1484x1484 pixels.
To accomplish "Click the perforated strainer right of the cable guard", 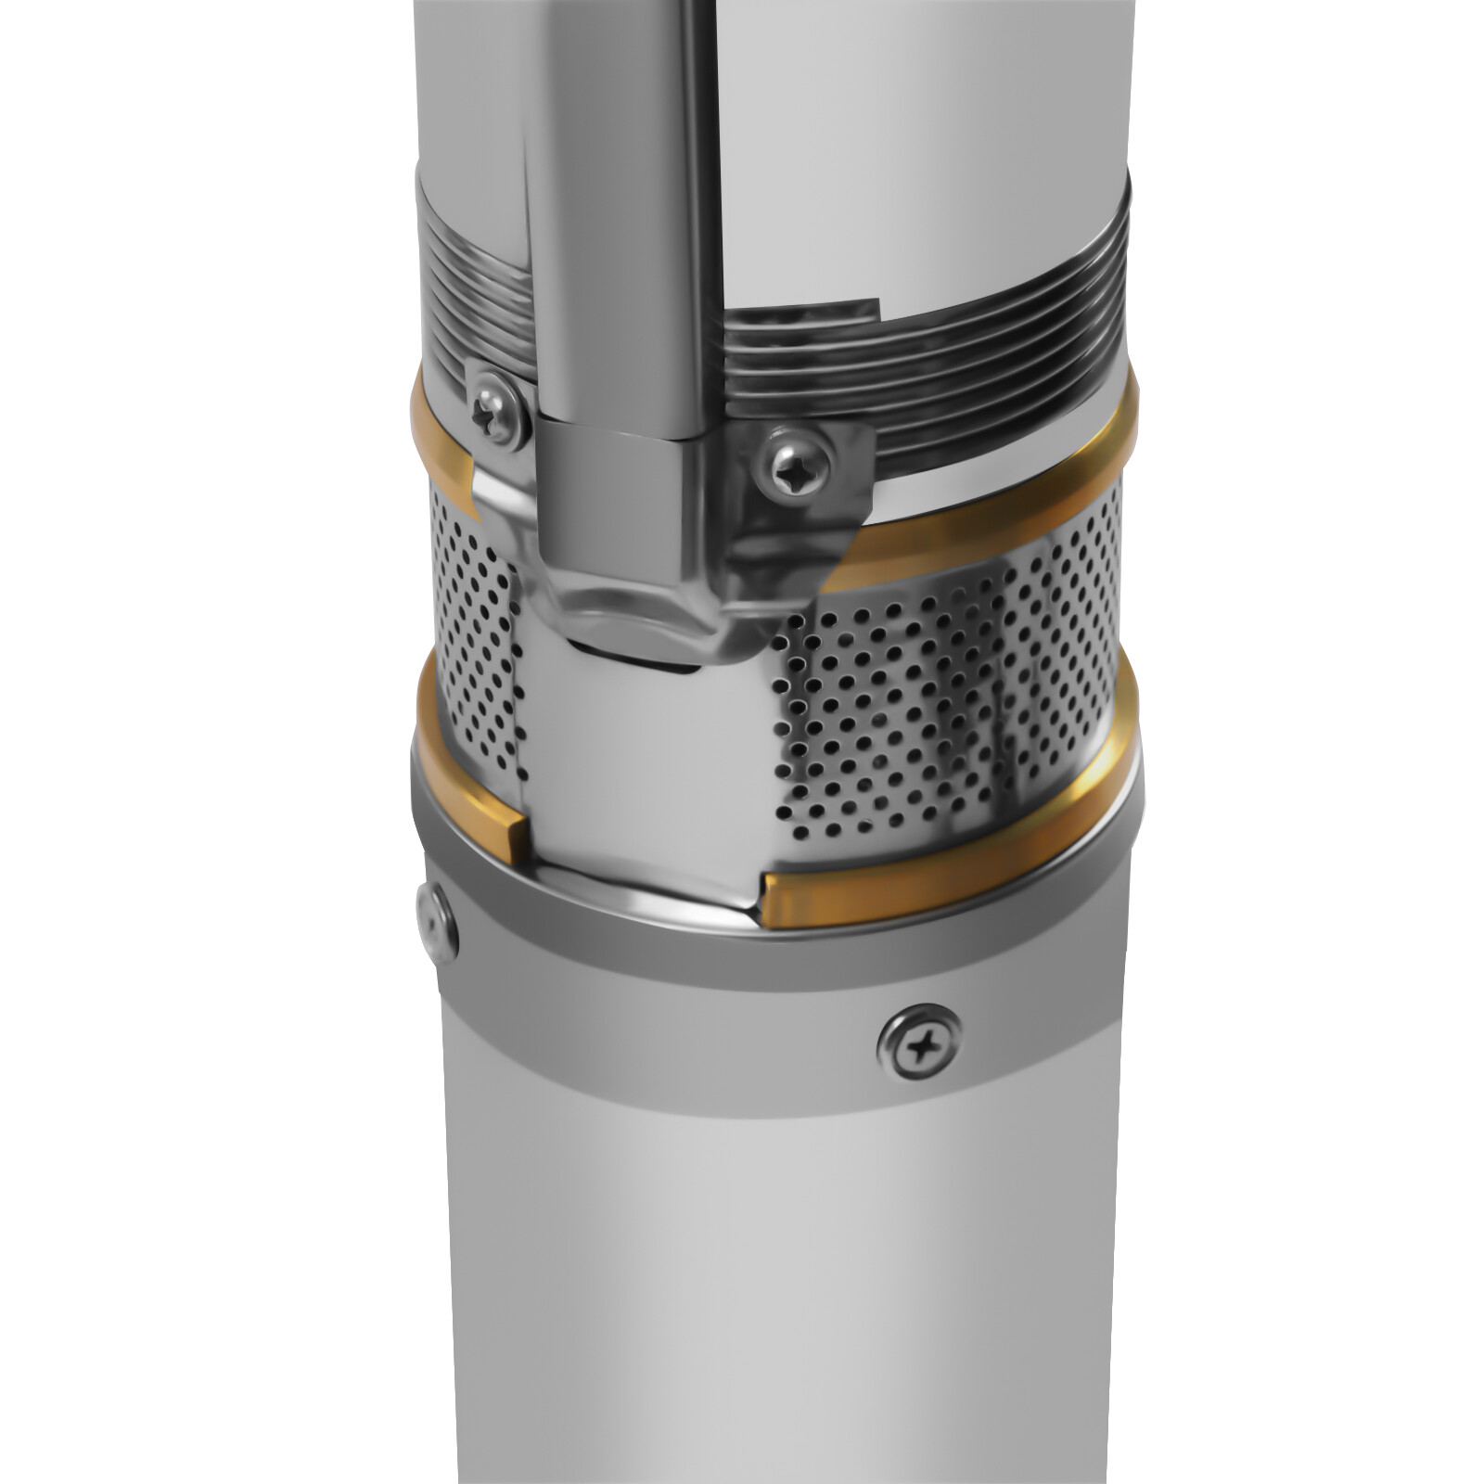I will [x=927, y=686].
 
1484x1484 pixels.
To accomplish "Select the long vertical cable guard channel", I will [x=621, y=232].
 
